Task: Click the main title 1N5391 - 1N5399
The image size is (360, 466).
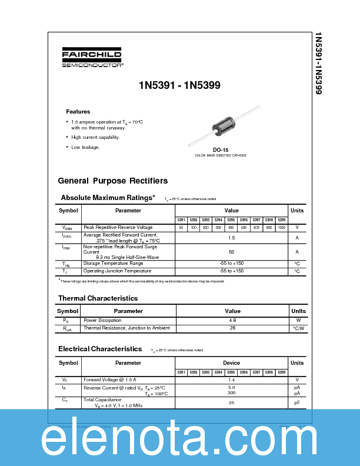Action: coord(179,85)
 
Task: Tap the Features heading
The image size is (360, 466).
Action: coord(78,111)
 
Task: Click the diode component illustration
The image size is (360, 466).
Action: coord(224,126)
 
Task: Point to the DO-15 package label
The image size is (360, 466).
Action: coord(221,150)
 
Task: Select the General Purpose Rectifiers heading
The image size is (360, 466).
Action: coord(112,181)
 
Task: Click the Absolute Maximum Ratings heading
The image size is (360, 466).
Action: coord(108,198)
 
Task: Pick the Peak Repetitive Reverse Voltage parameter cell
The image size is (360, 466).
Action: coord(118,227)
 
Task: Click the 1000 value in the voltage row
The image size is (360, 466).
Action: coord(281,227)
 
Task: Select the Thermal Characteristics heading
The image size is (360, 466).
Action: coord(98,298)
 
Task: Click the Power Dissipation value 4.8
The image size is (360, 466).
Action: coord(232,320)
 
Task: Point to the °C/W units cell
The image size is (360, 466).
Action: coord(298,328)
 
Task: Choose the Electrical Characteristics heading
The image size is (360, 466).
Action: coord(100,349)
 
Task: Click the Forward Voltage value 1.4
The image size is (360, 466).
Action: coord(232,380)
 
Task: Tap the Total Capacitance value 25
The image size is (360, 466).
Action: coord(232,402)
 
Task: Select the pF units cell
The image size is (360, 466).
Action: coord(298,402)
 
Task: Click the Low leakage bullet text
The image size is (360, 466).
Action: coord(85,147)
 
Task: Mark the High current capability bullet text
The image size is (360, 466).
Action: coord(95,137)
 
